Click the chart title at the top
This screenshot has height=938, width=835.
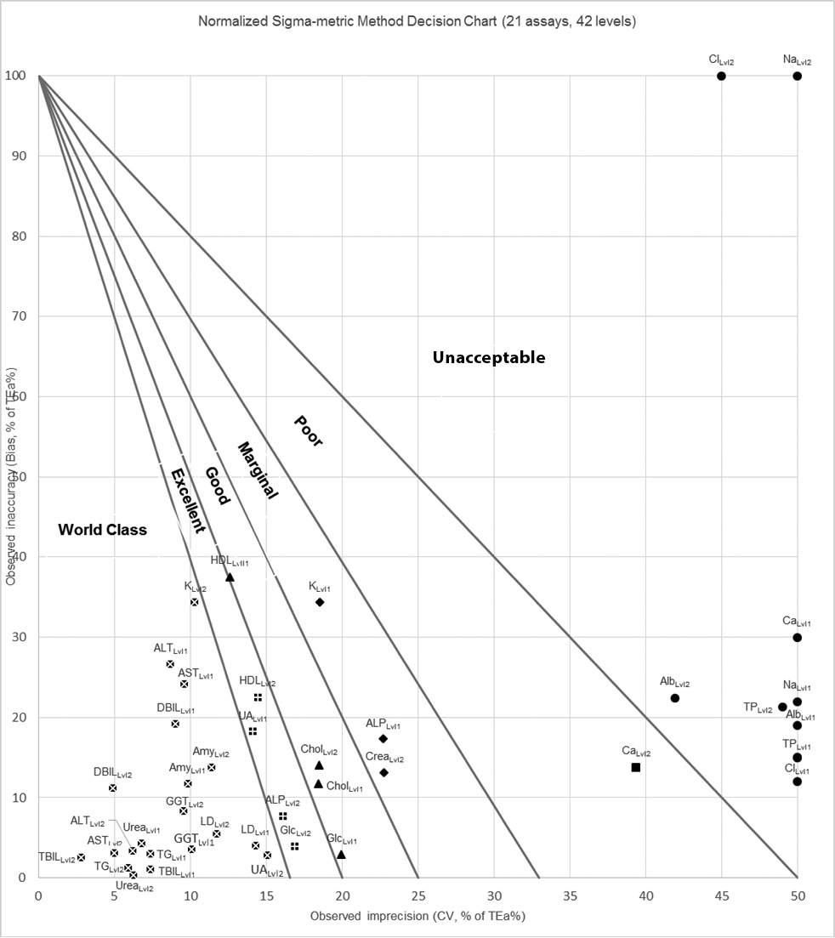417,21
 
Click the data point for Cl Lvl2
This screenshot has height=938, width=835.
721,76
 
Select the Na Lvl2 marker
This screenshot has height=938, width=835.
797,76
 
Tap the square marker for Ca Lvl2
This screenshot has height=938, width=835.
636,767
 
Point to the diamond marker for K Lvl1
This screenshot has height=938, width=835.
320,602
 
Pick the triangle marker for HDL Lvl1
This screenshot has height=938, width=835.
230,577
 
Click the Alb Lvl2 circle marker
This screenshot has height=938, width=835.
675,698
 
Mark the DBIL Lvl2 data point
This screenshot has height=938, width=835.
112,788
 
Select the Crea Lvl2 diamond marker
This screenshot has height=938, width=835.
383,773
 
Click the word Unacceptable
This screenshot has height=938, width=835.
489,358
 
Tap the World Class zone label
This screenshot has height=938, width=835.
102,531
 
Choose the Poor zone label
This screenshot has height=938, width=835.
308,430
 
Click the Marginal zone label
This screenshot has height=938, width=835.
257,470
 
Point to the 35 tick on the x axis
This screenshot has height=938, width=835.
570,895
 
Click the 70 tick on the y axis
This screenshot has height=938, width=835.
20,316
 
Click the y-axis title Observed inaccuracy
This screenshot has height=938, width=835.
11,476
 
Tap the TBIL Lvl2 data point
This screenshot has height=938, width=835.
81,857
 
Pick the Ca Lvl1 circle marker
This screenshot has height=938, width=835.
797,638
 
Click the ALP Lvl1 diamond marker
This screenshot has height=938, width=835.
383,738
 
